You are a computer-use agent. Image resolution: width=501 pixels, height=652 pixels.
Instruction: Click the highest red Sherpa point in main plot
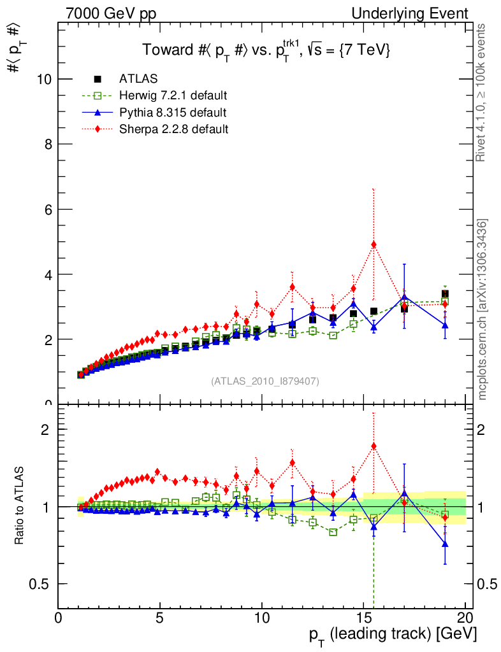pos(374,244)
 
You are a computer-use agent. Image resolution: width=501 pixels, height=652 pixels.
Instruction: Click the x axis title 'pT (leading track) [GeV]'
pos(393,635)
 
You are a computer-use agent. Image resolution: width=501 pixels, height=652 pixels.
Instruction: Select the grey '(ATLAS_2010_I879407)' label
pos(265,381)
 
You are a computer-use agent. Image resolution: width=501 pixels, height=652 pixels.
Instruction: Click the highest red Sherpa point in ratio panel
pos(374,446)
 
